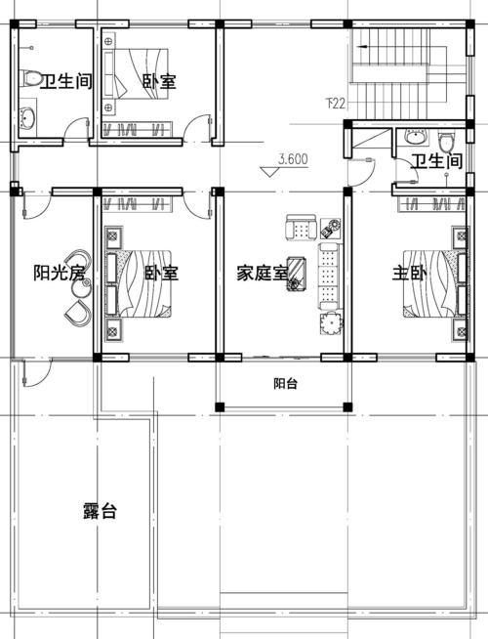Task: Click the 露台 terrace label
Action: tap(101, 511)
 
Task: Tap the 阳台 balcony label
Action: tap(285, 383)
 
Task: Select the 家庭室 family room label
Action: tap(263, 273)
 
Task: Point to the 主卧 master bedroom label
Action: tap(409, 273)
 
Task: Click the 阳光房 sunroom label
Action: tap(60, 273)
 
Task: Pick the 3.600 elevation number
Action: tap(293, 159)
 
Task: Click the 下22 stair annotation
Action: tap(336, 104)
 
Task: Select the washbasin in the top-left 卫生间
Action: tap(27, 118)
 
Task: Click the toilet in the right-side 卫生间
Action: tap(447, 142)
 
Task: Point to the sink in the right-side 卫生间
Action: tap(415, 137)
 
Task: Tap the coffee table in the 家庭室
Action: tap(297, 274)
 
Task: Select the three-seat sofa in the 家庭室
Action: tap(328, 277)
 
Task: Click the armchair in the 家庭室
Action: tap(302, 228)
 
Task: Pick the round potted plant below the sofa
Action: tap(331, 323)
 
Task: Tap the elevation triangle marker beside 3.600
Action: tap(269, 171)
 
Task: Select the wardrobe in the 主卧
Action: tap(431, 204)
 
